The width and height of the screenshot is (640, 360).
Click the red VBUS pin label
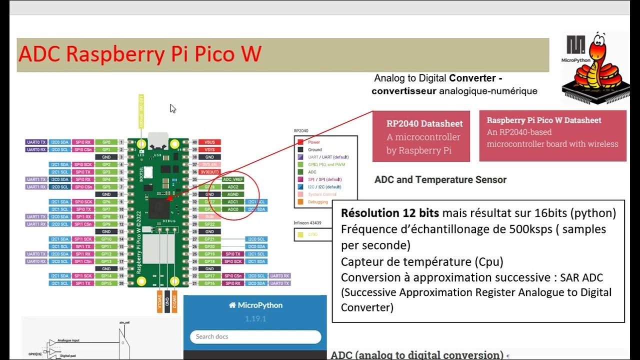209,142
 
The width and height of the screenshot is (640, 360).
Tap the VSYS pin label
209,149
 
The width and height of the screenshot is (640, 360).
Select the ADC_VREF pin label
233,179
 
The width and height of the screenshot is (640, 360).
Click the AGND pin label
233,194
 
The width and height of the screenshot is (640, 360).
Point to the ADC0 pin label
233,209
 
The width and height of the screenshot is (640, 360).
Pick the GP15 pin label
106,283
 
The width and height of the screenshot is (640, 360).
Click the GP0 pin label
106,142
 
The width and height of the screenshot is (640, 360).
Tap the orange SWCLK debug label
160,301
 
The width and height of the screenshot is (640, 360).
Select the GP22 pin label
209,224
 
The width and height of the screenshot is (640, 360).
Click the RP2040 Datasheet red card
421,136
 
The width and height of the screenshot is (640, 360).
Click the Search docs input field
255,336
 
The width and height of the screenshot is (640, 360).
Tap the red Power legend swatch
300,142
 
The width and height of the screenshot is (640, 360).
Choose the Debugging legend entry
318,202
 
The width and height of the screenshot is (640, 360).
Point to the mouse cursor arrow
172,108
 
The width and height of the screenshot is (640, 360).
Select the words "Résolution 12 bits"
390,213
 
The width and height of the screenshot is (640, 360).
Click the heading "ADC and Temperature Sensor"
440,179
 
